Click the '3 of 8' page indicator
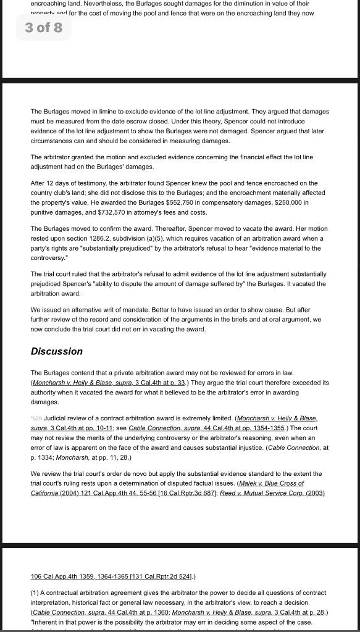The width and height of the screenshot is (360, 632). (43, 28)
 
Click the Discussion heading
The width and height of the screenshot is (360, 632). (56, 351)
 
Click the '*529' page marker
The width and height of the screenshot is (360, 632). (36, 418)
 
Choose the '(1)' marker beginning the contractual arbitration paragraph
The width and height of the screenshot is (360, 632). (35, 592)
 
